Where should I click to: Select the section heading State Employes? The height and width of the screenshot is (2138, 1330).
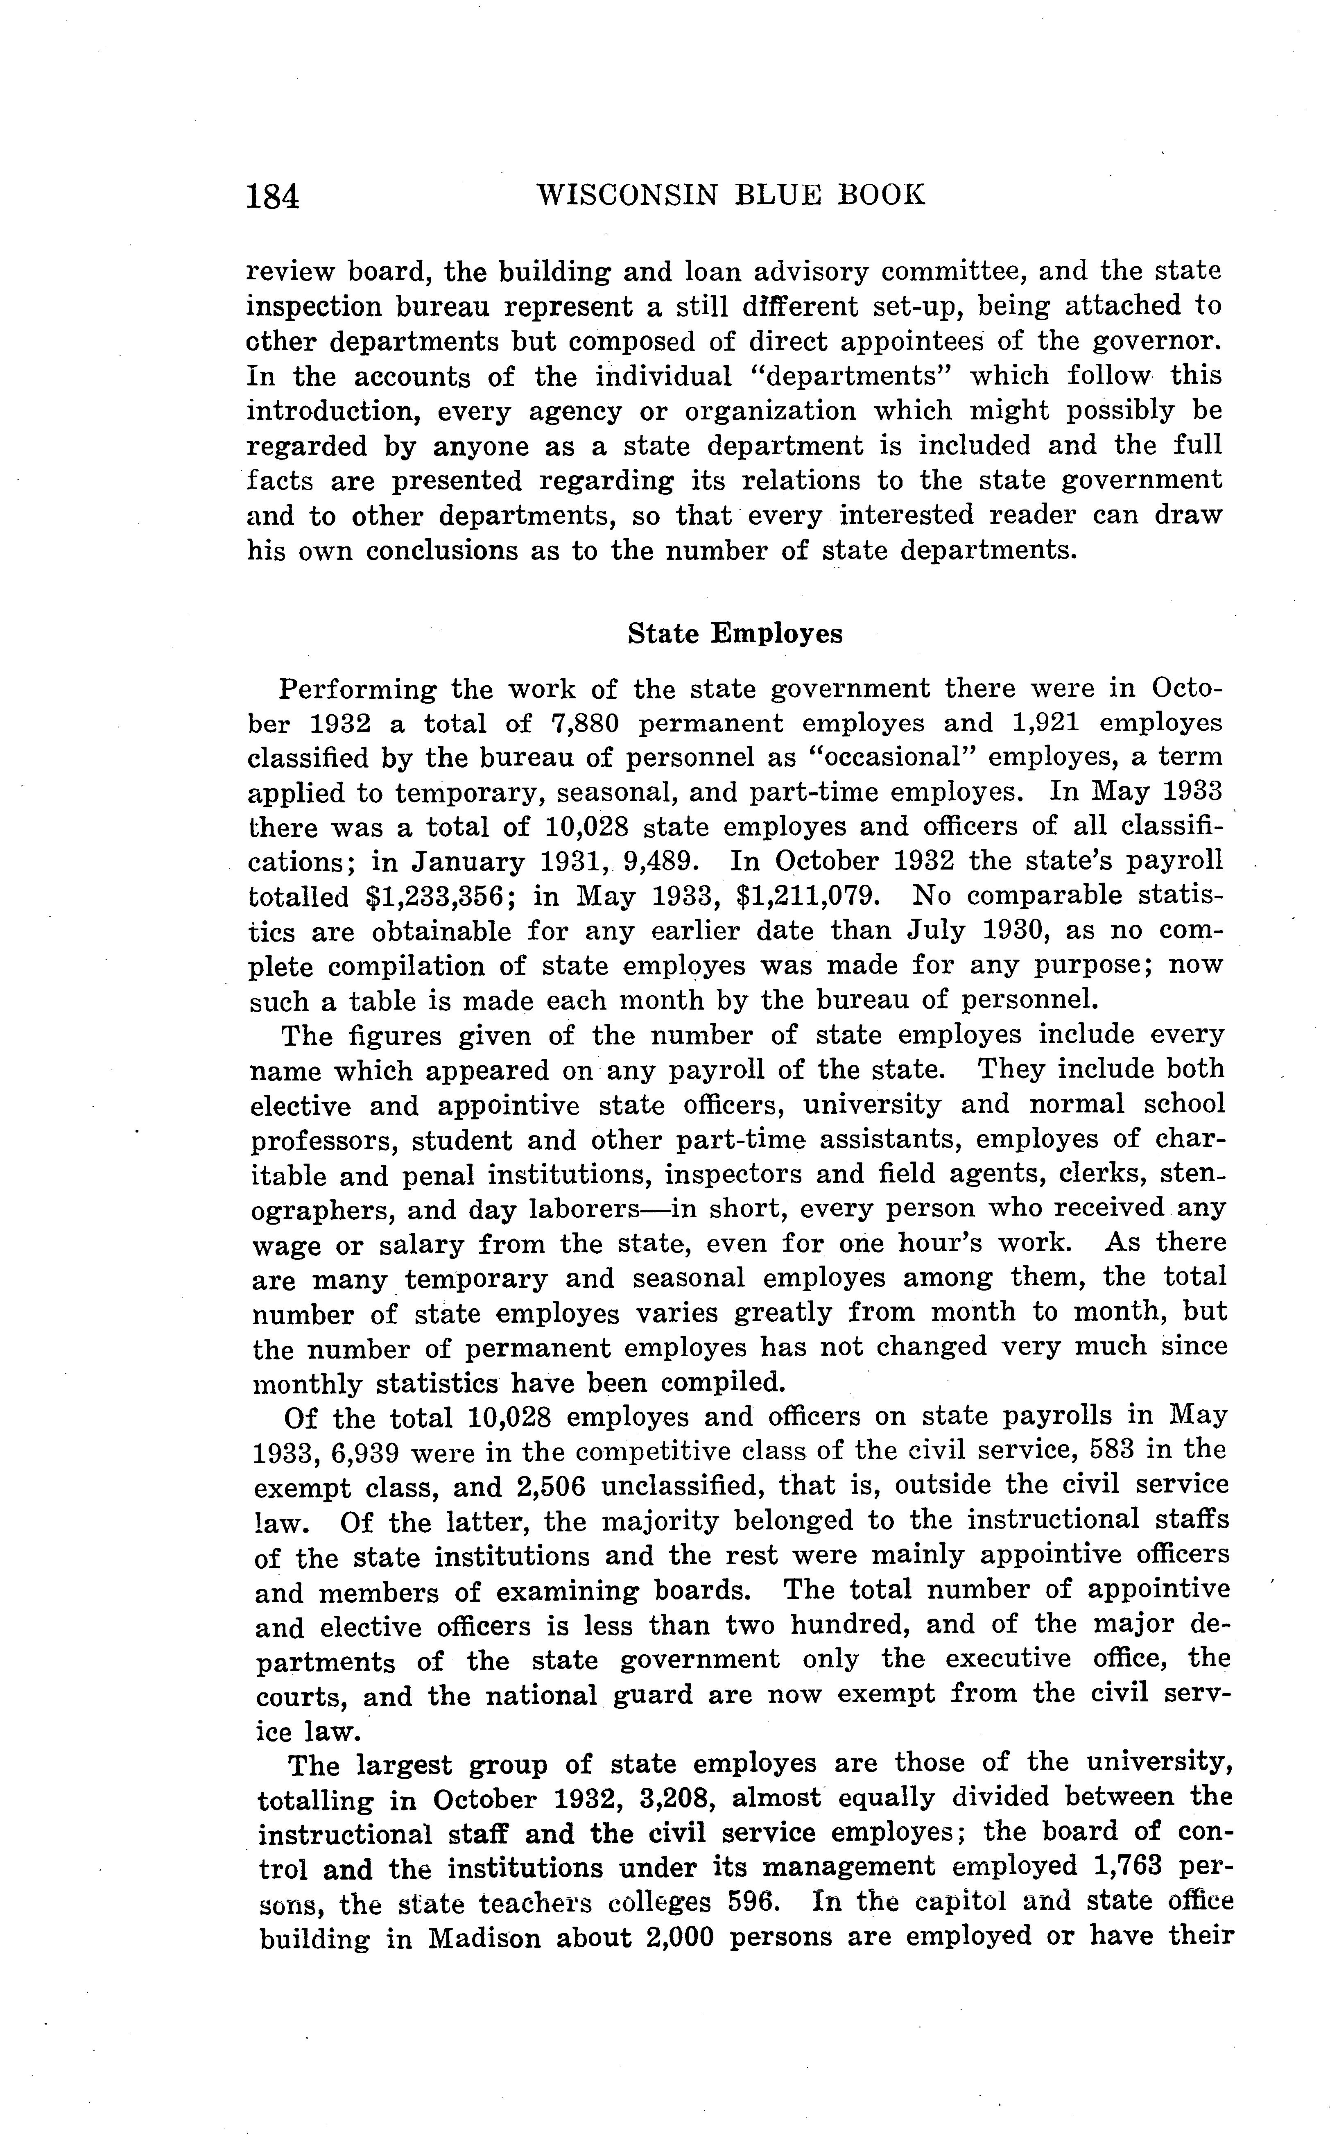pyautogui.click(x=735, y=634)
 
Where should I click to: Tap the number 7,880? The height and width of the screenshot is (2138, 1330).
pyautogui.click(x=585, y=723)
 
